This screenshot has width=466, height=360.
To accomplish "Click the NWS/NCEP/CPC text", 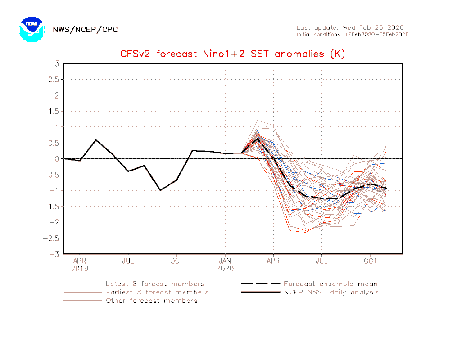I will [x=85, y=30].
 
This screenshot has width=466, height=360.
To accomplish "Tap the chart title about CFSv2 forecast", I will [x=233, y=54].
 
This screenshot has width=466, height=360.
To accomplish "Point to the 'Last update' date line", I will [x=350, y=27].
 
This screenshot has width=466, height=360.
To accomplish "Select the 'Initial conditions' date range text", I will [x=352, y=34].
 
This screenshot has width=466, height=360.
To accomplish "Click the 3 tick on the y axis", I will [x=57, y=63].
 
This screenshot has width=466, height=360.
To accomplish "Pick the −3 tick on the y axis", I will [x=55, y=254].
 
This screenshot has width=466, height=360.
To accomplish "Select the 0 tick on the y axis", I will [x=57, y=159].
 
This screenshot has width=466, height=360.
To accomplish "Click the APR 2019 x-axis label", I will [x=80, y=265].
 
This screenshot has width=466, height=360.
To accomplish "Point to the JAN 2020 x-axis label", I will [x=225, y=265].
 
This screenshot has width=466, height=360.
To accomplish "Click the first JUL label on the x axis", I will [x=128, y=261].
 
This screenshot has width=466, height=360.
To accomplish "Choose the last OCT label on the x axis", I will [x=370, y=261].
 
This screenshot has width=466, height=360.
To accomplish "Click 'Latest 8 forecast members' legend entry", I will [x=155, y=284].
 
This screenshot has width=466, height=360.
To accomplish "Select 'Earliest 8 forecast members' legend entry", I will [x=157, y=292].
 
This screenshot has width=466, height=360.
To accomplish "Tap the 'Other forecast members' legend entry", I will [x=151, y=301].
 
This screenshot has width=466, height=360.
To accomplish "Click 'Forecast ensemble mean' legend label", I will [x=330, y=284].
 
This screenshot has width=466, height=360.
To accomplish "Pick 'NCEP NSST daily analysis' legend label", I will [x=331, y=292].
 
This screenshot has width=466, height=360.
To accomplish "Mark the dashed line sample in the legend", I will [x=260, y=284].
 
